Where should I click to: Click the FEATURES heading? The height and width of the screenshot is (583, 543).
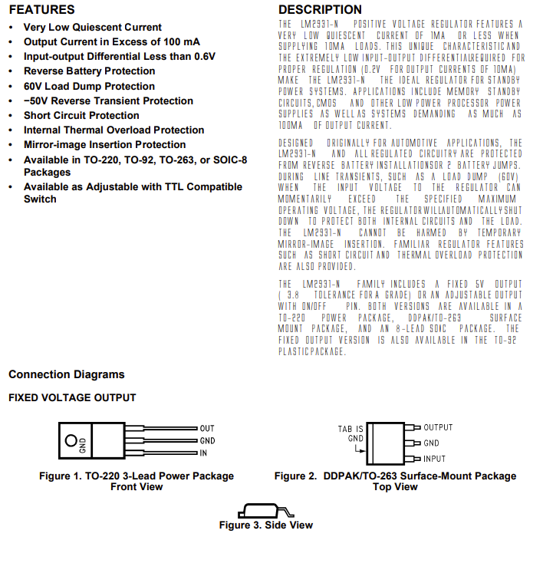click(x=41, y=10)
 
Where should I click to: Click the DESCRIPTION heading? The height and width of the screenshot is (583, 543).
click(x=320, y=10)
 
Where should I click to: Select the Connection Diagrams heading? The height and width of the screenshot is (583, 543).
click(x=66, y=374)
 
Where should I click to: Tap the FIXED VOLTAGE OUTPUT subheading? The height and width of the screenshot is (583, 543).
click(x=72, y=397)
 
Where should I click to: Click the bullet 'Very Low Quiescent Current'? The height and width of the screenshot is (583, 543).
click(x=92, y=27)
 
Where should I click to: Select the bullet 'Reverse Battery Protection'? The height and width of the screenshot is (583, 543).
click(x=89, y=71)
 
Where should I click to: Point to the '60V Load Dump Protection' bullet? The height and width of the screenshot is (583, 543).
click(x=89, y=86)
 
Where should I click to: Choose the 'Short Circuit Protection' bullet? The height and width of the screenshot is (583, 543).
click(x=81, y=115)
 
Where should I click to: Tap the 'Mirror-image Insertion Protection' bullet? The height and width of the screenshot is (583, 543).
click(x=104, y=144)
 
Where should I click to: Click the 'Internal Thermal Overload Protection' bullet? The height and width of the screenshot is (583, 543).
click(x=114, y=130)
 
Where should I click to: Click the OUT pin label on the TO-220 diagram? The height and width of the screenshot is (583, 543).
click(x=207, y=428)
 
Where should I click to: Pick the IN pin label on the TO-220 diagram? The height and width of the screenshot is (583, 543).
click(x=204, y=453)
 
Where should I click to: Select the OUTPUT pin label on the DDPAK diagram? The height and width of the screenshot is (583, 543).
click(x=438, y=427)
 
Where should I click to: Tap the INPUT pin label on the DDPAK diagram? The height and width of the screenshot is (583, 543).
click(x=434, y=459)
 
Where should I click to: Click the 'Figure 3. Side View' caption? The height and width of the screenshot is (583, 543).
click(x=265, y=525)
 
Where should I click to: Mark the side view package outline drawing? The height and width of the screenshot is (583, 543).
click(x=265, y=510)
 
